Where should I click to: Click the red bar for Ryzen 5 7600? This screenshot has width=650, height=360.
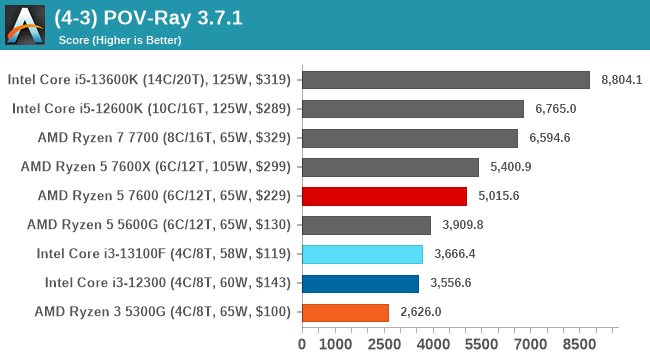pos(384,196)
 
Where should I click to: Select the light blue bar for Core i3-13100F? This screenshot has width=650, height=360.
pos(362,254)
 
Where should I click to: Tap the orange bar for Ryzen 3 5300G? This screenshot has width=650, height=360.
pos(345,312)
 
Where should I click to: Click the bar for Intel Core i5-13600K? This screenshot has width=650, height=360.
pos(445,80)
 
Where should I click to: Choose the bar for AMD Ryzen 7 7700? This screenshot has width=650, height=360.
pos(409,138)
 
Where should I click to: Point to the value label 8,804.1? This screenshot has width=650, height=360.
pos(622,80)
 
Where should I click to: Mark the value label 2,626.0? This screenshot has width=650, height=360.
pos(421,312)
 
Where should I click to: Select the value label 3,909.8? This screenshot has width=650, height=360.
pos(463,225)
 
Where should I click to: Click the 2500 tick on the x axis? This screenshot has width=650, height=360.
pos(387,345)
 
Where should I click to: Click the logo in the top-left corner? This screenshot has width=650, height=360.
pos(25,25)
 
